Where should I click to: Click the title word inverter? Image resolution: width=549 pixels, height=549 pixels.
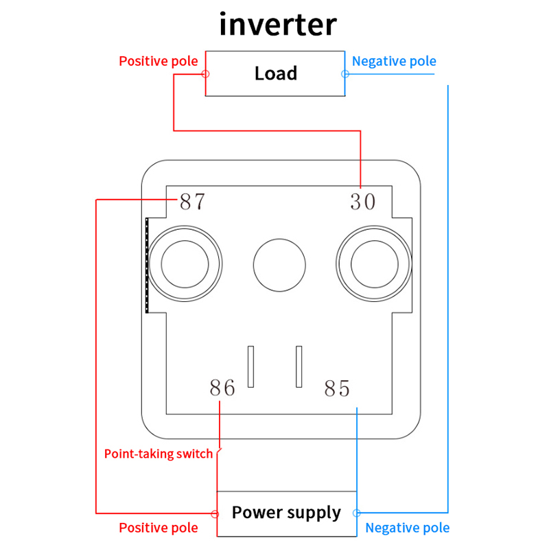pyautogui.click(x=278, y=25)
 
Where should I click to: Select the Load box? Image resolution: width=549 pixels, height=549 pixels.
pyautogui.click(x=275, y=73)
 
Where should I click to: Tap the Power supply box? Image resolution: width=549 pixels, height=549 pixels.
pyautogui.click(x=286, y=513)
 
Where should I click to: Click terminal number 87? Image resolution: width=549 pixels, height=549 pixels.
pyautogui.click(x=192, y=202)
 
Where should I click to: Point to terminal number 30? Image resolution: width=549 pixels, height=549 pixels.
pyautogui.click(x=363, y=202)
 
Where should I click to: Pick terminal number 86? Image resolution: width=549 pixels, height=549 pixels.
pyautogui.click(x=222, y=388)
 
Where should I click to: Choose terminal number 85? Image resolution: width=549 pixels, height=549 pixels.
pyautogui.click(x=337, y=389)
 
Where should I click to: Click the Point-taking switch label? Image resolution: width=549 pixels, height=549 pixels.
pyautogui.click(x=159, y=454)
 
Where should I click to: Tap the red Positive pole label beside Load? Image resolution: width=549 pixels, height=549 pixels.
pyautogui.click(x=159, y=61)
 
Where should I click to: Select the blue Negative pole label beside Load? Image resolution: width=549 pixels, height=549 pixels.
pyautogui.click(x=394, y=61)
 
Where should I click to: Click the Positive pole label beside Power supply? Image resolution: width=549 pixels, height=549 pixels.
pyautogui.click(x=159, y=528)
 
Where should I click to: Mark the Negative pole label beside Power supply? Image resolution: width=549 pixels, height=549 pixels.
pyautogui.click(x=408, y=528)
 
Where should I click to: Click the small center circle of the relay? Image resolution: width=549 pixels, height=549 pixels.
pyautogui.click(x=279, y=265)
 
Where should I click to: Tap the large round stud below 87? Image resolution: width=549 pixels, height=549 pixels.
pyautogui.click(x=185, y=265)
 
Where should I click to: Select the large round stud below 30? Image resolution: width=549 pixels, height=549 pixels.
pyautogui.click(x=374, y=265)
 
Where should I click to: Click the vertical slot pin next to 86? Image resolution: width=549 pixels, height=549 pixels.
pyautogui.click(x=251, y=365)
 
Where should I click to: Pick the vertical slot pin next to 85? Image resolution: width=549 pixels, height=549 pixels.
pyautogui.click(x=299, y=365)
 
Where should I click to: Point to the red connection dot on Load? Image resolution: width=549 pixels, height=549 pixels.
pyautogui.click(x=205, y=73)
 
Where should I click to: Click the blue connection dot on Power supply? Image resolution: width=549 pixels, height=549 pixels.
pyautogui.click(x=356, y=513)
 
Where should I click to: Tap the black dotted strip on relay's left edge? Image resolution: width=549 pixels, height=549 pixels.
pyautogui.click(x=147, y=265)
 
